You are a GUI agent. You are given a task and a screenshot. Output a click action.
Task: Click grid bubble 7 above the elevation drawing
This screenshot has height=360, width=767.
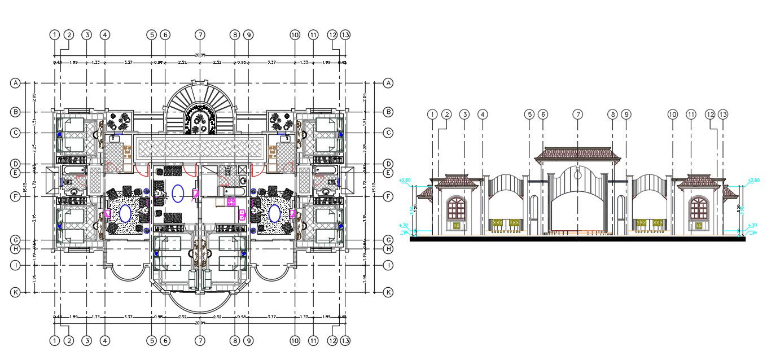[577, 115]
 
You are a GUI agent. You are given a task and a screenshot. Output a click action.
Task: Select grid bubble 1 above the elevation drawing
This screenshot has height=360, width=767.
[432, 115]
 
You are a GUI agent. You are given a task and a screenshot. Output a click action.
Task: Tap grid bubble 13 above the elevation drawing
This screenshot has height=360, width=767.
[723, 115]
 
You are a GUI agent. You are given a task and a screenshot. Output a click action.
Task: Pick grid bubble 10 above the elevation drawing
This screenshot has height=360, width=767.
[672, 115]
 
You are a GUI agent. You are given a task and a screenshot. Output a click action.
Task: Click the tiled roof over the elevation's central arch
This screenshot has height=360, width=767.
[577, 153]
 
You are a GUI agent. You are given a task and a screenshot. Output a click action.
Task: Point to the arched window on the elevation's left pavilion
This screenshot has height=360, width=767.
[457, 209]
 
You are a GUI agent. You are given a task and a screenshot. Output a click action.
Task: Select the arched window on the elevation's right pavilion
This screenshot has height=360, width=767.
[699, 209]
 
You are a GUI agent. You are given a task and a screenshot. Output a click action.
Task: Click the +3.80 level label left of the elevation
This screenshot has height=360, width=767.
[404, 181]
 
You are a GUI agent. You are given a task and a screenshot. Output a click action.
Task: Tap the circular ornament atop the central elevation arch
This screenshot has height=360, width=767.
[577, 175]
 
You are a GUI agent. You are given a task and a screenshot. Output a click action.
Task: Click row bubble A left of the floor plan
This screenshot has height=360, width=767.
[15, 83]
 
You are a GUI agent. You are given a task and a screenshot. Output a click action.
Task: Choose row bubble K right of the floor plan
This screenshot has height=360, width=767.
[388, 292]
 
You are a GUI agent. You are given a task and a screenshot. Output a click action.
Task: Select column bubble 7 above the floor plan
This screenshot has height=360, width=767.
[200, 34]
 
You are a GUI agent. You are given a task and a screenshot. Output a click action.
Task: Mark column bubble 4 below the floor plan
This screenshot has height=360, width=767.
[105, 341]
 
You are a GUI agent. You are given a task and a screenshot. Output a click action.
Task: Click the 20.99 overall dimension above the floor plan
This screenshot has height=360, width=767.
[200, 55]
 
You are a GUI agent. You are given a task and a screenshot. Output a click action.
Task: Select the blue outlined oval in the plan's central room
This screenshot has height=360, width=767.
[178, 193]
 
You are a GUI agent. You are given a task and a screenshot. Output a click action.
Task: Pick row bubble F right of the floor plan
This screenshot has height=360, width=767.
[388, 196]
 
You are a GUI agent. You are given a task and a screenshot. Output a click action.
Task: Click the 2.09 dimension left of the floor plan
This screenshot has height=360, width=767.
[34, 97]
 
